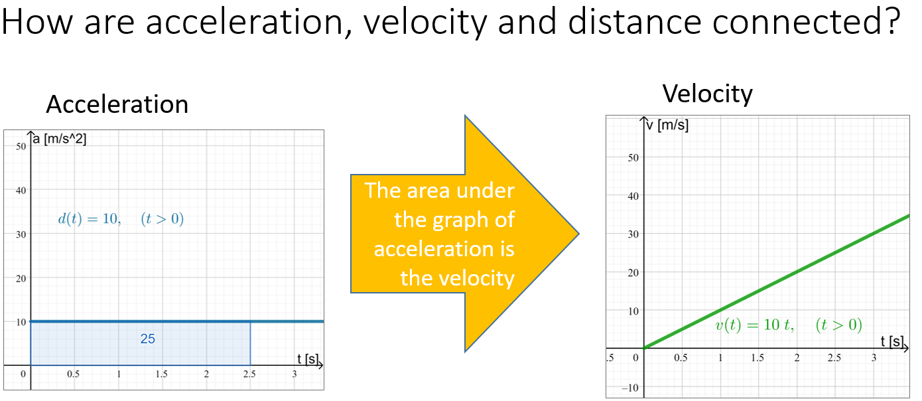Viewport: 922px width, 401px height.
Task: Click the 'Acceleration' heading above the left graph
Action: [117, 105]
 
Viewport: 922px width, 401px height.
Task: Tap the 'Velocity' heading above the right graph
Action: [707, 94]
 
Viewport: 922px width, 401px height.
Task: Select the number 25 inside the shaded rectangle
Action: [147, 339]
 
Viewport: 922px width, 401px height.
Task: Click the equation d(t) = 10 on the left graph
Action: [89, 219]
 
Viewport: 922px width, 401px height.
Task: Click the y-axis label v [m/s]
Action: [667, 125]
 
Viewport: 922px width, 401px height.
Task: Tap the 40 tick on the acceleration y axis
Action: [21, 190]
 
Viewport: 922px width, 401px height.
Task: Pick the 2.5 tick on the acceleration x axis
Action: [249, 374]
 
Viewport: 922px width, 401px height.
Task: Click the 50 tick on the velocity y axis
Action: [633, 157]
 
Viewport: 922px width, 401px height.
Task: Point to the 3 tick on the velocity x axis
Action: [873, 358]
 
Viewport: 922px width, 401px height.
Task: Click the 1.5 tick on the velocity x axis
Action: [757, 358]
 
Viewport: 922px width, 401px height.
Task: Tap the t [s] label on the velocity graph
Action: [892, 341]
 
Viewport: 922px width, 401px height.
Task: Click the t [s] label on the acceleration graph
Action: [308, 359]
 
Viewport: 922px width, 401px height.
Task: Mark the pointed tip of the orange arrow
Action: [578, 234]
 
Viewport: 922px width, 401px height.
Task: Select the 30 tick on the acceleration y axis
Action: [21, 234]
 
